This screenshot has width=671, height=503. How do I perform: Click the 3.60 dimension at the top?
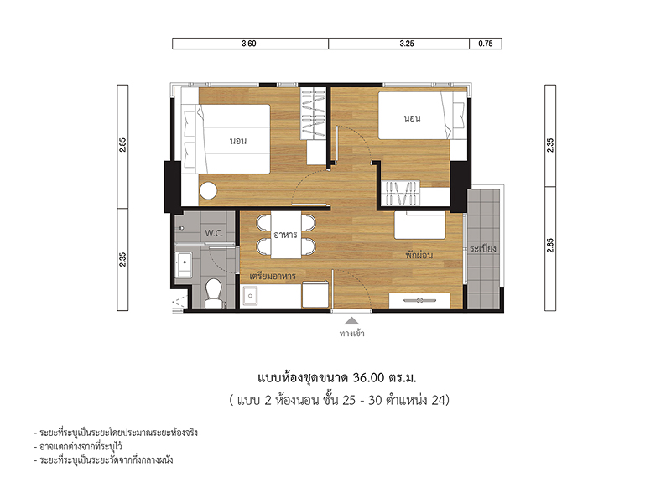click(248, 44)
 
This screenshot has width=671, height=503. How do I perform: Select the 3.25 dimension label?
click(407, 44)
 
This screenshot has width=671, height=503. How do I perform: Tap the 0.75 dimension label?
click(486, 44)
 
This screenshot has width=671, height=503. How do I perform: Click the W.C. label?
click(214, 233)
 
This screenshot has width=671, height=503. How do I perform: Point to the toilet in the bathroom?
click(213, 293)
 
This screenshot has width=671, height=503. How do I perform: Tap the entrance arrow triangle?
click(351, 321)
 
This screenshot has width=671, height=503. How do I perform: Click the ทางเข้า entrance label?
click(351, 333)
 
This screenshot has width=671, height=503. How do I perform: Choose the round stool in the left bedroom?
click(208, 190)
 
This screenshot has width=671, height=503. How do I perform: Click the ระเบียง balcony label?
click(483, 248)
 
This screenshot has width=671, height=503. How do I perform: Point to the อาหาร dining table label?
click(285, 235)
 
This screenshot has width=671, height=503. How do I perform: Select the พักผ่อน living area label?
click(419, 255)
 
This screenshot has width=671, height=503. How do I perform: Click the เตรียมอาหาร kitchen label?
click(273, 276)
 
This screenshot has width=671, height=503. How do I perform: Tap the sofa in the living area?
click(420, 225)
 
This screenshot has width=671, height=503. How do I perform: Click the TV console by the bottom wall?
click(419, 300)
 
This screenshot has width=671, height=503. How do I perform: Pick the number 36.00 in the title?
click(368, 378)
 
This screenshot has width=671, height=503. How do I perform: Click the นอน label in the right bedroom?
click(412, 118)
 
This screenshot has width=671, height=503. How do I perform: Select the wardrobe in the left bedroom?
click(312, 113)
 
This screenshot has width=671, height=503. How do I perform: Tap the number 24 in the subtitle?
click(438, 400)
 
